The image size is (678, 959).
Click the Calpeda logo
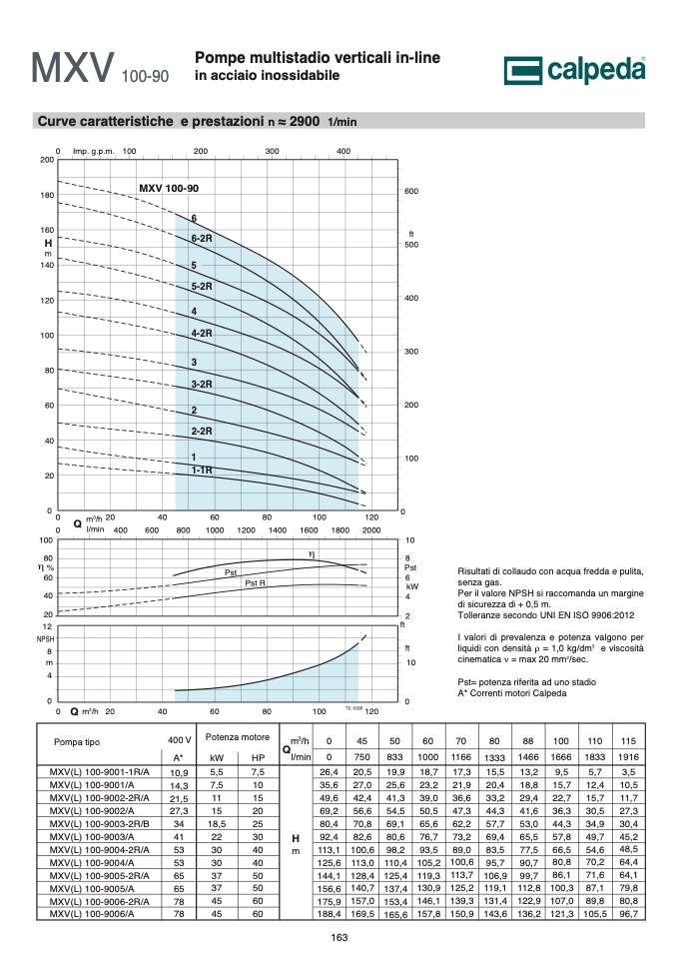coord(574,70)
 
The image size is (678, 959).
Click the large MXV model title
coord(73,67)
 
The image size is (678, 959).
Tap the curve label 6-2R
coord(202,238)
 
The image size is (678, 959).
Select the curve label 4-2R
coord(202,334)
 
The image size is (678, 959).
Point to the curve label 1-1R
coord(202,470)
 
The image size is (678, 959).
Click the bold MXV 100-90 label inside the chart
coord(169,189)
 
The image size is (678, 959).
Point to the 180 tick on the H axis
coord(47,195)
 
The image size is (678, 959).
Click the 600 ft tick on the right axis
coord(411,191)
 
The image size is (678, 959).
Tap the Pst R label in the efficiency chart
coord(255,582)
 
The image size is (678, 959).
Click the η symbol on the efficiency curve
coord(312,554)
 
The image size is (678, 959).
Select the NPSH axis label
coord(45,638)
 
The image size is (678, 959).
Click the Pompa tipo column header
coord(77,742)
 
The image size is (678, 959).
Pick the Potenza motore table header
coord(238,737)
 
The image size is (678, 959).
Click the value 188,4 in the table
coord(329,914)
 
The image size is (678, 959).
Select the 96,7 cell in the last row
coord(628,914)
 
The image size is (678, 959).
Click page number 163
coord(339,938)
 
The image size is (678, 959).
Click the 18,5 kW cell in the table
coord(217,824)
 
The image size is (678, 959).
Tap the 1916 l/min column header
coord(628,757)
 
